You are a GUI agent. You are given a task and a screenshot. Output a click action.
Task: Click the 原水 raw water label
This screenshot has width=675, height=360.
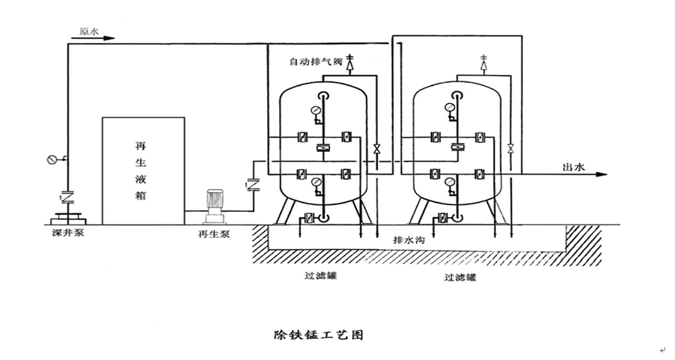[90, 31]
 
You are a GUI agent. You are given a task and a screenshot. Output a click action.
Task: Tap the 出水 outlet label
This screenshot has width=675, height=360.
[573, 167]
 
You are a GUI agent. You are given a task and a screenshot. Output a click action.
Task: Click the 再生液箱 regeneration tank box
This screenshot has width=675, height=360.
[143, 170]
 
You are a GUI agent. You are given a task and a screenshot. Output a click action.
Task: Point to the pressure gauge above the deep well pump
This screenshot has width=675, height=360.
[52, 159]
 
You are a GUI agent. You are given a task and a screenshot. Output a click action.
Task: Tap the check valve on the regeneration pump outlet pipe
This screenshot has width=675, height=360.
[251, 182]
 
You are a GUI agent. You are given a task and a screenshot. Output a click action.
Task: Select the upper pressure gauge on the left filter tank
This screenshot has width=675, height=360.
[318, 112]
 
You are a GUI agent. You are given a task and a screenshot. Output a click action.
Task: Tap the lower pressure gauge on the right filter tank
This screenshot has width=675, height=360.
[449, 182]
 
